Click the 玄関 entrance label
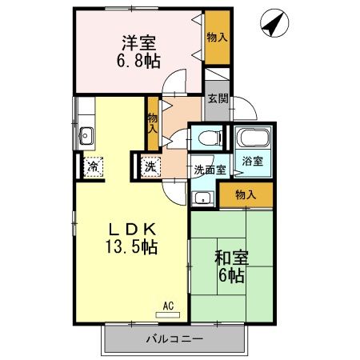[217, 99]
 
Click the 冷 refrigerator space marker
[93, 167]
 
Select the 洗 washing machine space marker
[150, 167]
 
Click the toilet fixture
[207, 137]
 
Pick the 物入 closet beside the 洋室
[216, 38]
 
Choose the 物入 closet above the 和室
[246, 195]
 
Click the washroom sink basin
[203, 198]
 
